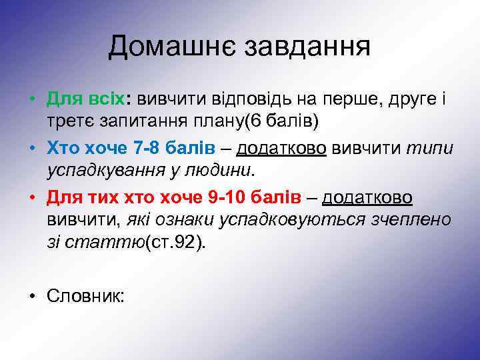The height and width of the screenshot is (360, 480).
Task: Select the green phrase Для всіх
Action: pyautogui.click(x=89, y=100)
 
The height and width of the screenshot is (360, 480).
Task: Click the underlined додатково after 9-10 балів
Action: pyautogui.click(x=367, y=197)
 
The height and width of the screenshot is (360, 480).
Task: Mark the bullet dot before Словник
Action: pyautogui.click(x=32, y=295)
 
